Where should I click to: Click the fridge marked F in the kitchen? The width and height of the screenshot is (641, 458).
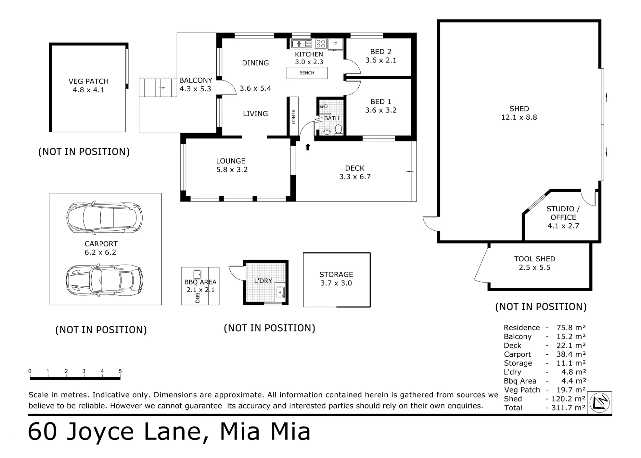(x=336, y=44)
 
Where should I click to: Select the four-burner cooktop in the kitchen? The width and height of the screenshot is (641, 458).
(x=320, y=44)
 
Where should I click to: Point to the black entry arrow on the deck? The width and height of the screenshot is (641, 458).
(x=308, y=147)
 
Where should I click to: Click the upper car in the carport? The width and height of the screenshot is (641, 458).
(x=104, y=217)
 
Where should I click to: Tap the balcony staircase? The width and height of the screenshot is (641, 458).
(x=158, y=87)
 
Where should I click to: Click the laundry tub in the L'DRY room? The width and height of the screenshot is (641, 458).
(x=280, y=292)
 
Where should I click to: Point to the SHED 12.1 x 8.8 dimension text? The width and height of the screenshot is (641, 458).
(x=519, y=117)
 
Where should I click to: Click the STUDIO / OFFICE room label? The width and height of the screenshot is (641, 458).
(x=563, y=213)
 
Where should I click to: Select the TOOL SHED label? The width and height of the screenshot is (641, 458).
(x=535, y=259)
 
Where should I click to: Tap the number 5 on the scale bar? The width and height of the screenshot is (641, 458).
(x=120, y=371)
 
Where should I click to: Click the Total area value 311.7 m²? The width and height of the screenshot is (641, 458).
(x=569, y=408)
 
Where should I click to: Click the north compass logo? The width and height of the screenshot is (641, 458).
(x=600, y=403)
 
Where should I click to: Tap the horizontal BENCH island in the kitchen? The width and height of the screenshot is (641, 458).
(x=307, y=73)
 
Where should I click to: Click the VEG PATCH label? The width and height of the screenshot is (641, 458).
(x=88, y=81)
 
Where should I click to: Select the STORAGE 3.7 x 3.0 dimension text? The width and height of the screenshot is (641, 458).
(x=336, y=283)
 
